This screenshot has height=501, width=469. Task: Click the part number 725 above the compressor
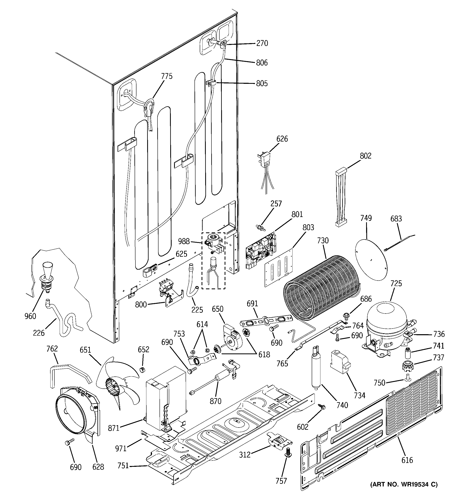[396, 284]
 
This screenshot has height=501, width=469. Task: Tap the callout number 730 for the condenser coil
[323, 241]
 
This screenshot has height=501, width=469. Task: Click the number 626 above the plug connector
[282, 139]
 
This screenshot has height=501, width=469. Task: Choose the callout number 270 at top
[262, 43]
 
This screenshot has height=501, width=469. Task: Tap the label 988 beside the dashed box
[184, 241]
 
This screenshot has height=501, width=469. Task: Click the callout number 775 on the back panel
[167, 76]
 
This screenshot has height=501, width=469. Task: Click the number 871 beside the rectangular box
[114, 428]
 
